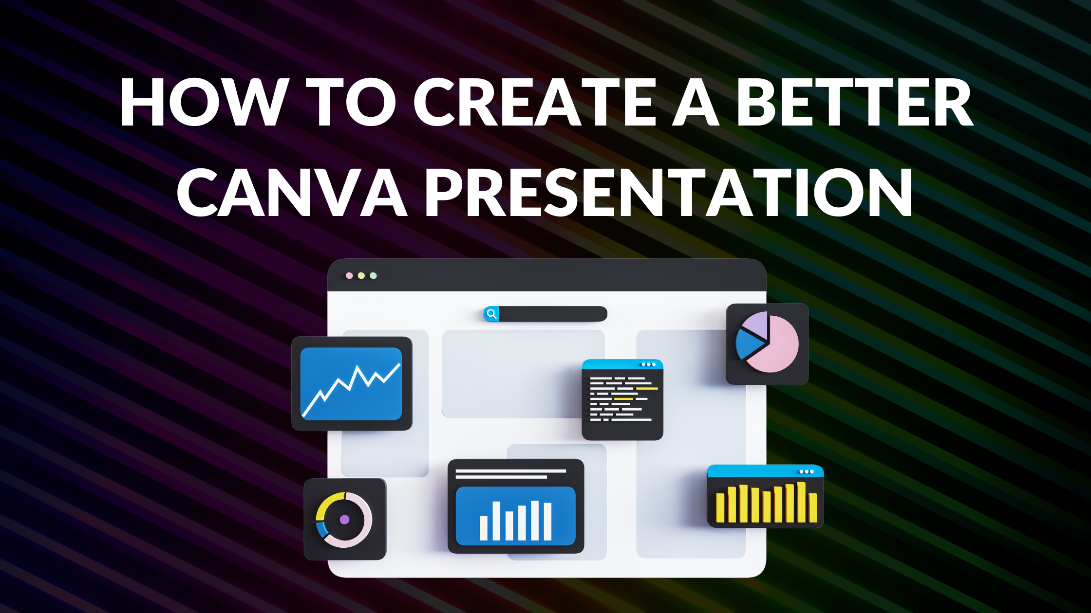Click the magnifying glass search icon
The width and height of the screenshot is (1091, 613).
pyautogui.click(x=491, y=314)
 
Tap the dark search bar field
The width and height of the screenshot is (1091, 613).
pyautogui.click(x=553, y=314)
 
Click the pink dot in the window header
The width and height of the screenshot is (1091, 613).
pyautogui.click(x=349, y=276)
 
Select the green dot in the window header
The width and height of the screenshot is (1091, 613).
pyautogui.click(x=373, y=276)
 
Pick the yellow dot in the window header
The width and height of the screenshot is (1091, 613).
pyautogui.click(x=361, y=276)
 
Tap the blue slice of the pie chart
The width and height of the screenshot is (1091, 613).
pyautogui.click(x=748, y=343)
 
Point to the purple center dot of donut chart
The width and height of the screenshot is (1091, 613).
pyautogui.click(x=344, y=520)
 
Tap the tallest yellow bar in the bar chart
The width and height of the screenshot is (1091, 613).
pyautogui.click(x=801, y=502)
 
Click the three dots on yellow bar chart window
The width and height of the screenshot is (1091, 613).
pyautogui.click(x=806, y=472)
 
